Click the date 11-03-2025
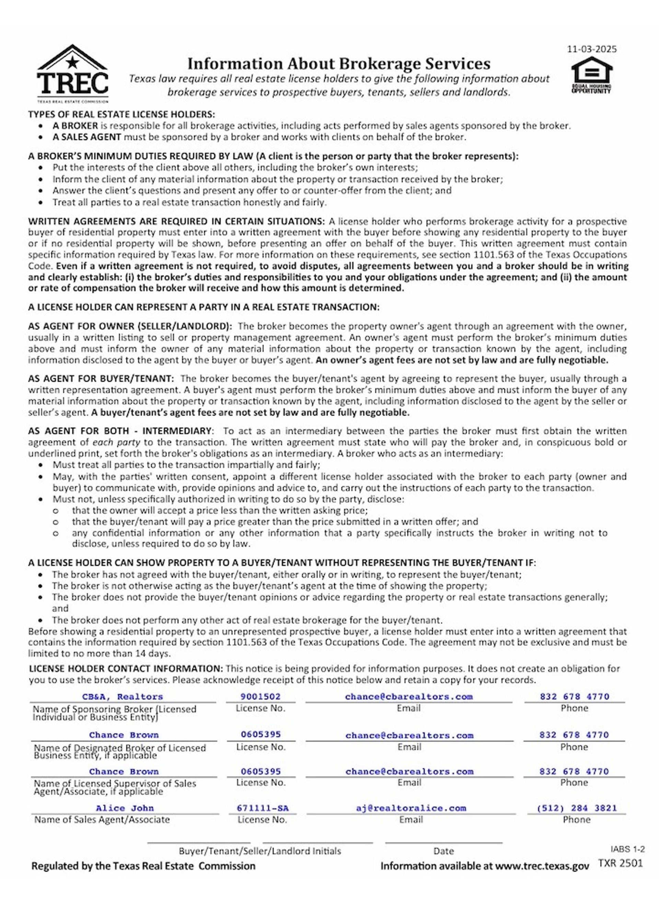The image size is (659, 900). click(x=592, y=49)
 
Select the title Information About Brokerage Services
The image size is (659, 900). click(x=339, y=64)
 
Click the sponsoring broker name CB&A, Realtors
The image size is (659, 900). click(x=123, y=696)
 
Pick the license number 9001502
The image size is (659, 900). click(x=261, y=696)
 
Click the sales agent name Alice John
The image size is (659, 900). click(x=125, y=808)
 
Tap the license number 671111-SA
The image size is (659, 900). click(x=263, y=808)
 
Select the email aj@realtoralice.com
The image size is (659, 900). click(x=411, y=808)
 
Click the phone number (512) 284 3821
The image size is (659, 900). click(x=576, y=808)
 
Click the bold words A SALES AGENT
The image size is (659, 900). click(x=86, y=137)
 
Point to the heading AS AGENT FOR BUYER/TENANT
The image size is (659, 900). click(x=101, y=378)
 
